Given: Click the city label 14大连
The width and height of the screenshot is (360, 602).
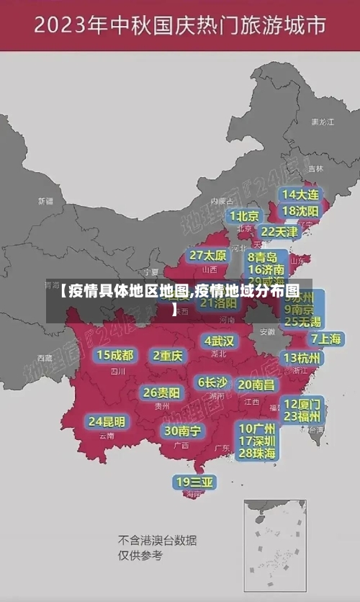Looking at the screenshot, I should point(301,194).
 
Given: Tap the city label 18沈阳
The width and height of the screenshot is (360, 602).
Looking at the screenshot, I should point(301,210).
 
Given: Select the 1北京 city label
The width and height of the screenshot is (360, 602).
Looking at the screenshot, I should point(245,215).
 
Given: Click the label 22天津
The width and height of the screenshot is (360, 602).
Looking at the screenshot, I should point(279,231).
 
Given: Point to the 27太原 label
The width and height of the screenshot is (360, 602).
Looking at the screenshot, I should point(208,255).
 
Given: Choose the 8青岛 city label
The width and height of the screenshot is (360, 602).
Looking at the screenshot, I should point(263,256).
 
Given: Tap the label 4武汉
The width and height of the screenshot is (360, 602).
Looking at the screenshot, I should point(219,340).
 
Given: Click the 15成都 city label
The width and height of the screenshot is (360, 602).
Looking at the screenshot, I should point(115,354).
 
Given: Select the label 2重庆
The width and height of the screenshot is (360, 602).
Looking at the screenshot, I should point(168,355).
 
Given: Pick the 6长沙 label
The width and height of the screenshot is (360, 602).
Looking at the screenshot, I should point(212,382).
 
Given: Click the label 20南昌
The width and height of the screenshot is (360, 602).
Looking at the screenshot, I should point(256,385).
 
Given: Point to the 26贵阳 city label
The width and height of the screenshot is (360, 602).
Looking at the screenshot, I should point(161,392).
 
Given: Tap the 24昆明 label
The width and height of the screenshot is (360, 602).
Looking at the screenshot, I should point(107,421).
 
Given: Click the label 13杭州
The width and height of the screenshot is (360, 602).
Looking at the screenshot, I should point(303,358).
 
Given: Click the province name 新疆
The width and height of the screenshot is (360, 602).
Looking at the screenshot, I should point(45,201).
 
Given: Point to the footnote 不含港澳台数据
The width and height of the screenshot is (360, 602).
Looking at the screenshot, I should point(158,539).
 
